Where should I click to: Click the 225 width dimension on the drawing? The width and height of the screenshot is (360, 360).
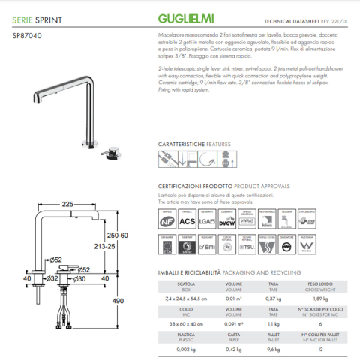pyautogui.click(x=67, y=203)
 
